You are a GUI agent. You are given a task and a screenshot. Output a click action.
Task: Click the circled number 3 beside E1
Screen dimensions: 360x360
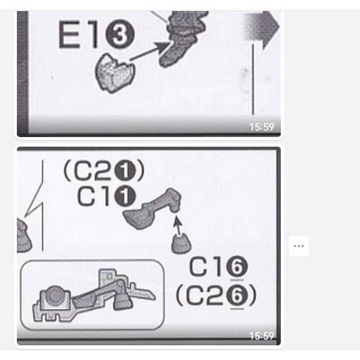pyautogui.click(x=120, y=34)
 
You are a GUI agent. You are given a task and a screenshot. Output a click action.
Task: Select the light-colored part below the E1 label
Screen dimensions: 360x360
pyautogui.click(x=114, y=73)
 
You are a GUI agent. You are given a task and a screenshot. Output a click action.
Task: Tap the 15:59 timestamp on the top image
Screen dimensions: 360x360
pyautogui.click(x=262, y=127)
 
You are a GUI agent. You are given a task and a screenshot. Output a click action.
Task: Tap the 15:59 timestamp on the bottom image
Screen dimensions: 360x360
pyautogui.click(x=262, y=336)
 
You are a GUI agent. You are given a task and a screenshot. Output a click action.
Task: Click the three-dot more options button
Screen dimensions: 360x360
pyautogui.click(x=298, y=246)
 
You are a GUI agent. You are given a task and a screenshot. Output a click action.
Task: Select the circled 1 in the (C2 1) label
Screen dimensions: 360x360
pyautogui.click(x=125, y=171)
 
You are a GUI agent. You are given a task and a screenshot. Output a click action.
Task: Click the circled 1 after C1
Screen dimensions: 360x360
pyautogui.click(x=125, y=196)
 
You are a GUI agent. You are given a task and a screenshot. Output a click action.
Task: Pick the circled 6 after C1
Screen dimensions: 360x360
pyautogui.click(x=237, y=266)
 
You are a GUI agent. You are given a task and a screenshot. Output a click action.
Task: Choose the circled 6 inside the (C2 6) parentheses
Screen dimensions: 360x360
pyautogui.click(x=237, y=295)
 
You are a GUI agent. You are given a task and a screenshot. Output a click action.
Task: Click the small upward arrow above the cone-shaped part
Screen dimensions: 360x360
pyautogui.click(x=178, y=225)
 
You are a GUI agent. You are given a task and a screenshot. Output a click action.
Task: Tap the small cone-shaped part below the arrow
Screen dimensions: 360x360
pyautogui.click(x=181, y=243)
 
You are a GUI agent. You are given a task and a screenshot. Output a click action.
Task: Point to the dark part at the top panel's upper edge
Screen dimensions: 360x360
pyautogui.click(x=185, y=37)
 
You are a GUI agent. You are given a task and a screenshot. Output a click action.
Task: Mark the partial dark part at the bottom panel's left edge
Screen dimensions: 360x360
pyautogui.click(x=23, y=235)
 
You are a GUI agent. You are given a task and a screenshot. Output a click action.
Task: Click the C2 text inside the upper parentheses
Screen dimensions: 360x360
pyautogui.click(x=92, y=171)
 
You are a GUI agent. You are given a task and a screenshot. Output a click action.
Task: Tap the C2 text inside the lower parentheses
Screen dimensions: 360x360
pyautogui.click(x=205, y=295)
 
